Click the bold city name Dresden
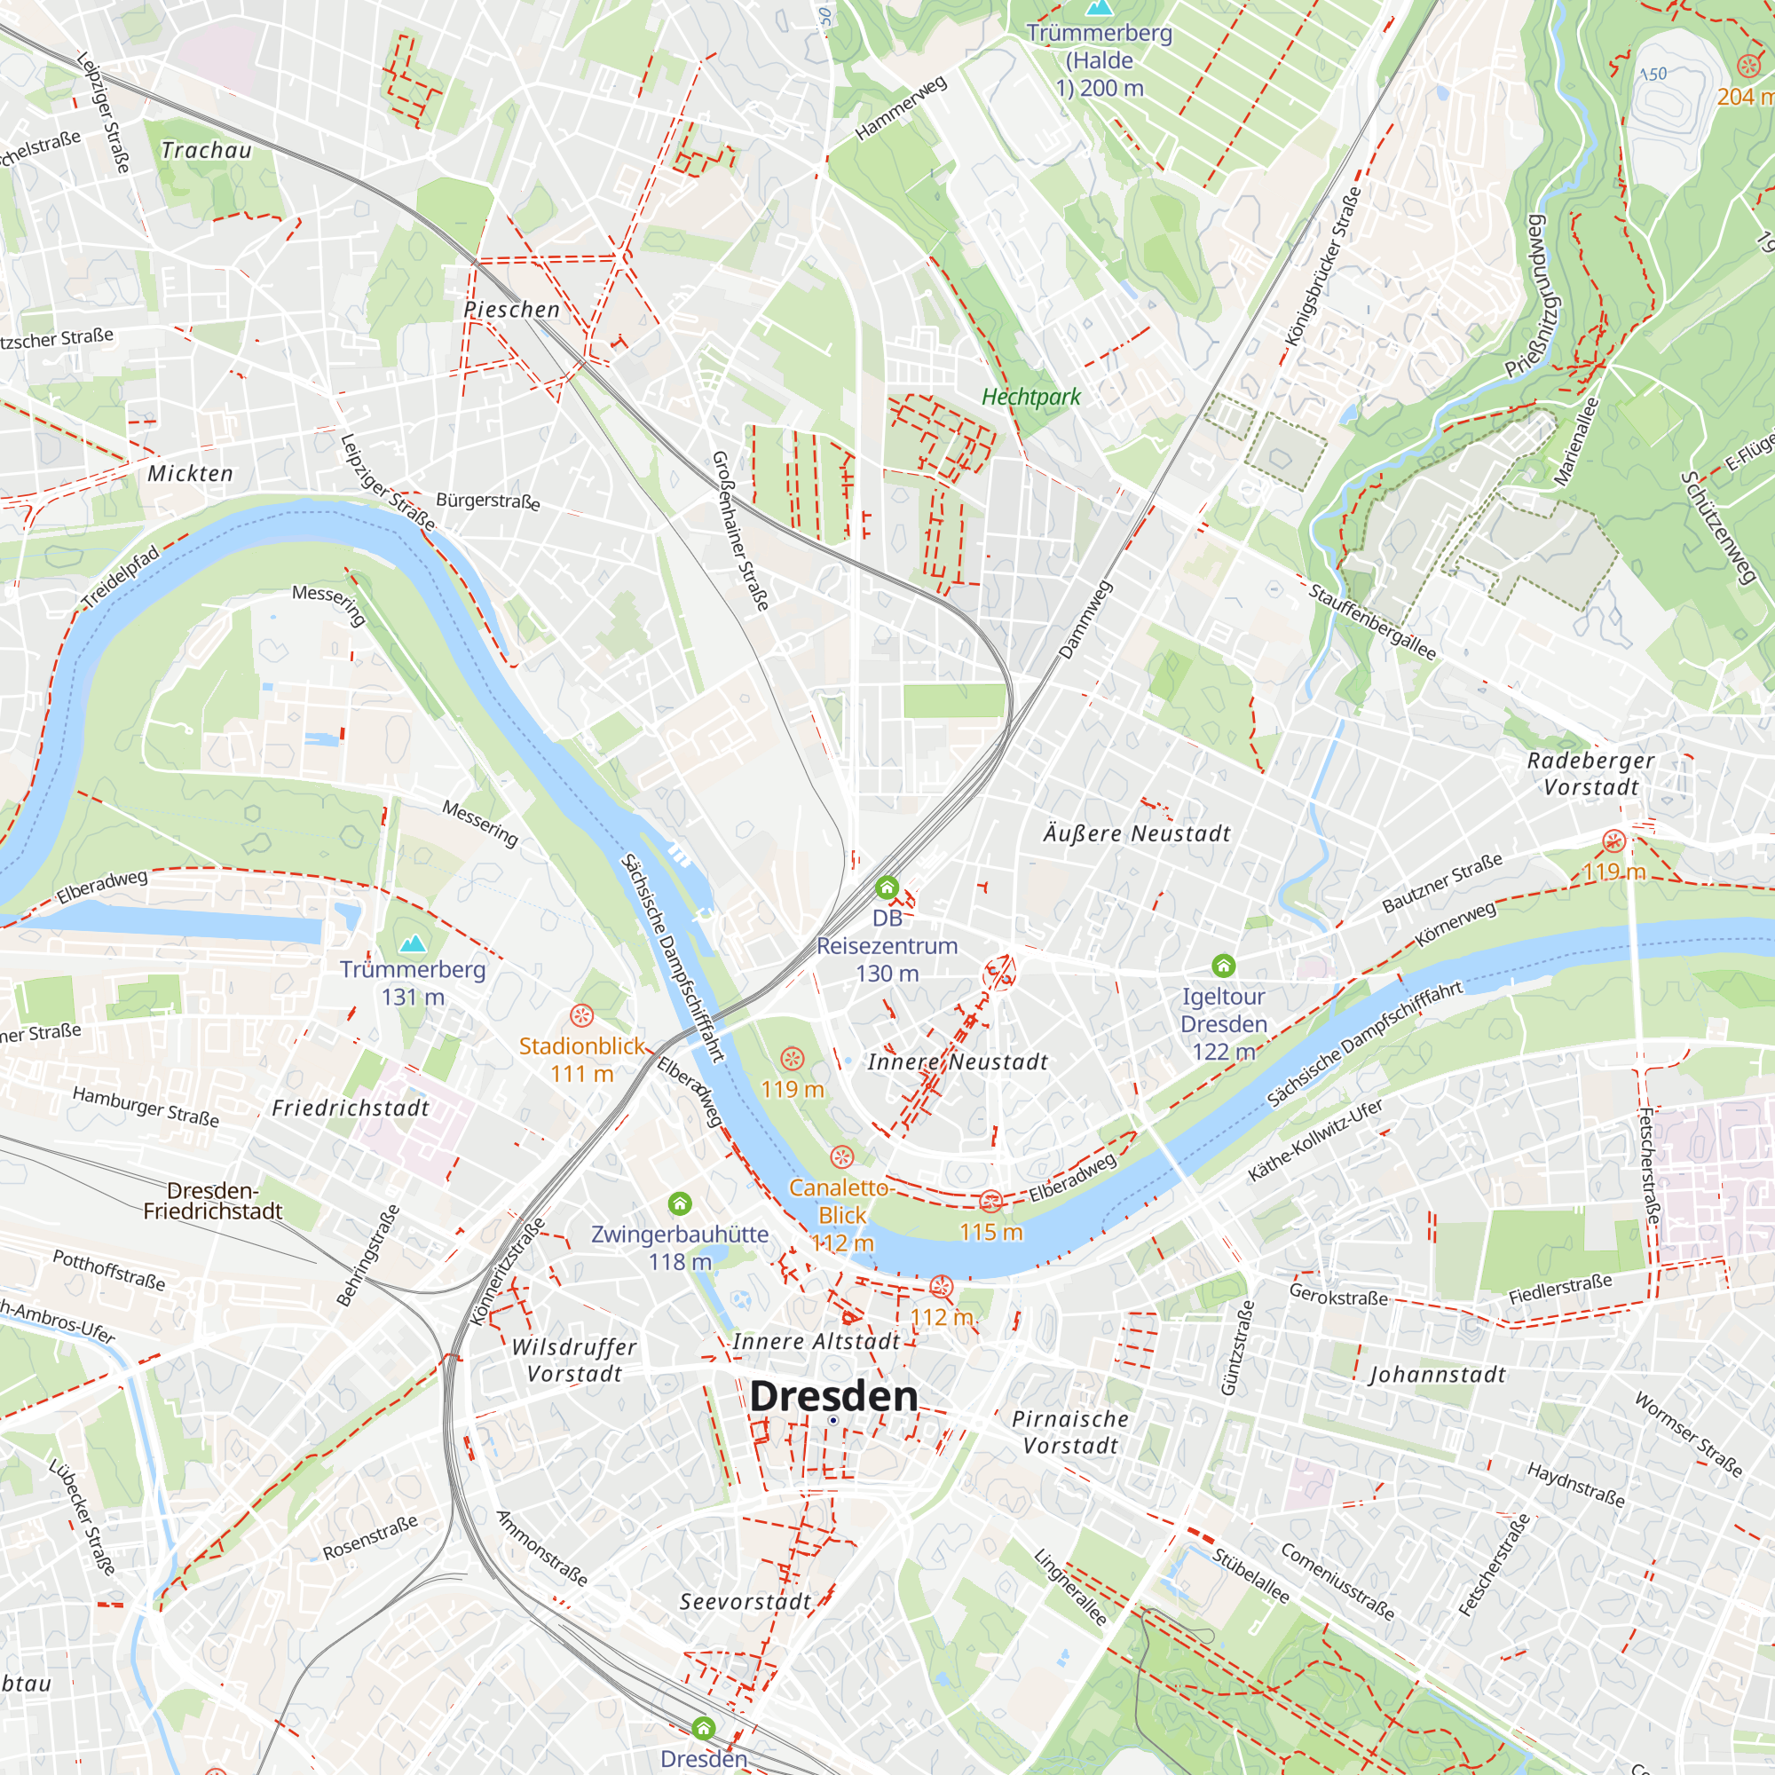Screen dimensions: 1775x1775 click(x=833, y=1395)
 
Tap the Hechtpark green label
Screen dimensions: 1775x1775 click(x=1030, y=397)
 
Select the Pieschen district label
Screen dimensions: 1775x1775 click(x=512, y=310)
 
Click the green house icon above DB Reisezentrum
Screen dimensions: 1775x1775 click(x=887, y=887)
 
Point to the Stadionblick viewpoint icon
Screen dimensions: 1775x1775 click(x=581, y=1015)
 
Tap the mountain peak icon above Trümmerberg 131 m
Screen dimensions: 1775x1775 click(x=414, y=943)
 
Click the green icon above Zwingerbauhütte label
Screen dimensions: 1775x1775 click(x=679, y=1203)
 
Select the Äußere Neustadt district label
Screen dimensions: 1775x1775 click(x=1137, y=833)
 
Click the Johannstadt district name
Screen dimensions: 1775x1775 click(x=1437, y=1375)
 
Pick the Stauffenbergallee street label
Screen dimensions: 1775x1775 click(x=1372, y=622)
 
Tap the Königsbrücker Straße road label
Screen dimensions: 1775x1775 click(x=1322, y=267)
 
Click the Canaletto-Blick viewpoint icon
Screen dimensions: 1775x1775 click(x=841, y=1156)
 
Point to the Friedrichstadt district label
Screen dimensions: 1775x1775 click(x=351, y=1108)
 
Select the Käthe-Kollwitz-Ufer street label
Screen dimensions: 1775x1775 click(x=1314, y=1140)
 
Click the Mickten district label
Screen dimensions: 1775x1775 click(x=190, y=473)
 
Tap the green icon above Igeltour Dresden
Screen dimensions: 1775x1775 click(x=1223, y=965)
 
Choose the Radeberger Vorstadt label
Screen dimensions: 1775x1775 click(x=1590, y=774)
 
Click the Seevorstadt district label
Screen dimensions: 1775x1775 click(x=745, y=1601)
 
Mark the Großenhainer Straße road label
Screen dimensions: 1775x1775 click(x=739, y=531)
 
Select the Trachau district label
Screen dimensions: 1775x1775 click(x=206, y=150)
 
